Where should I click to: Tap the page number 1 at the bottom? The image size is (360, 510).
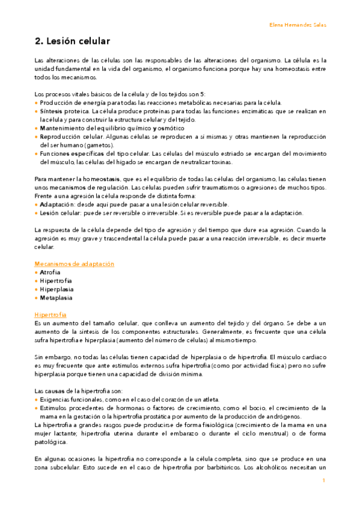(x=323, y=480)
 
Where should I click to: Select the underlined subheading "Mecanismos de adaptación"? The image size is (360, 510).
(x=75, y=263)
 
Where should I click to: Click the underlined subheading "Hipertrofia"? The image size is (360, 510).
(x=50, y=315)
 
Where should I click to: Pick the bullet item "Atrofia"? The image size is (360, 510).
(x=50, y=272)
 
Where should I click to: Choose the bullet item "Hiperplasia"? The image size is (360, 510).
(x=56, y=289)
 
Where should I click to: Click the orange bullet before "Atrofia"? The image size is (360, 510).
(x=36, y=272)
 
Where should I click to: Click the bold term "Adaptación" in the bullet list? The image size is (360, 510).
(x=58, y=204)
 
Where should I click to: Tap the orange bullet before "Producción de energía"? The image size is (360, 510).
(x=36, y=103)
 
